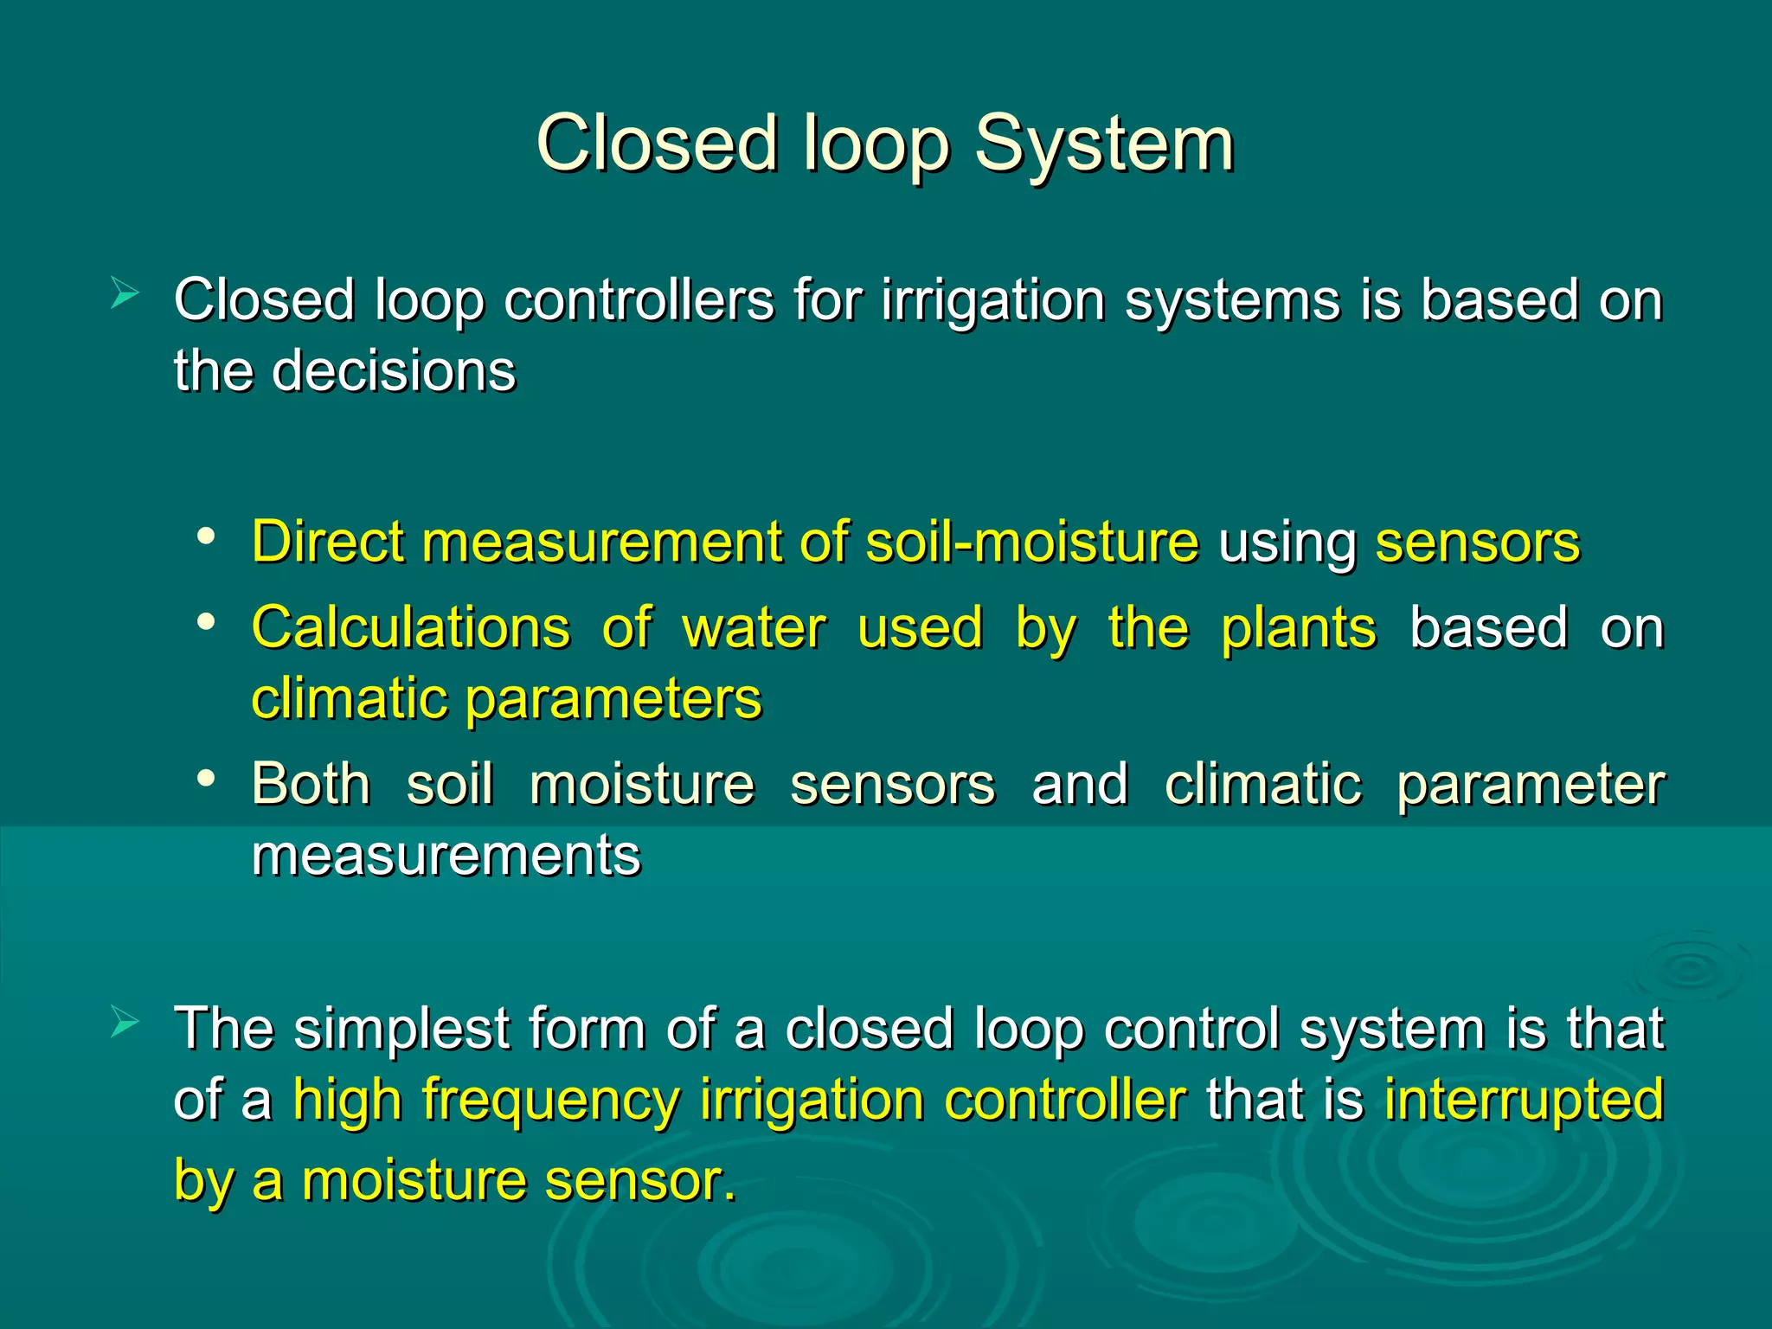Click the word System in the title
tap(1104, 144)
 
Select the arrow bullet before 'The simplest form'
tap(125, 1023)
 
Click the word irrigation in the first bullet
tap(993, 301)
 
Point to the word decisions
tap(394, 372)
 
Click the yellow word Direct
tap(328, 543)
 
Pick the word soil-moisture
tap(1032, 543)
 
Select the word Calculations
tap(411, 627)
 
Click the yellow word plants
tap(1298, 629)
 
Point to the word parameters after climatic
tap(613, 699)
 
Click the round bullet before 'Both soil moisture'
tap(205, 778)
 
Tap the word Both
tap(311, 784)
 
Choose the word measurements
tap(446, 855)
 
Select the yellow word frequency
tap(550, 1101)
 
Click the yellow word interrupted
tap(1524, 1101)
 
